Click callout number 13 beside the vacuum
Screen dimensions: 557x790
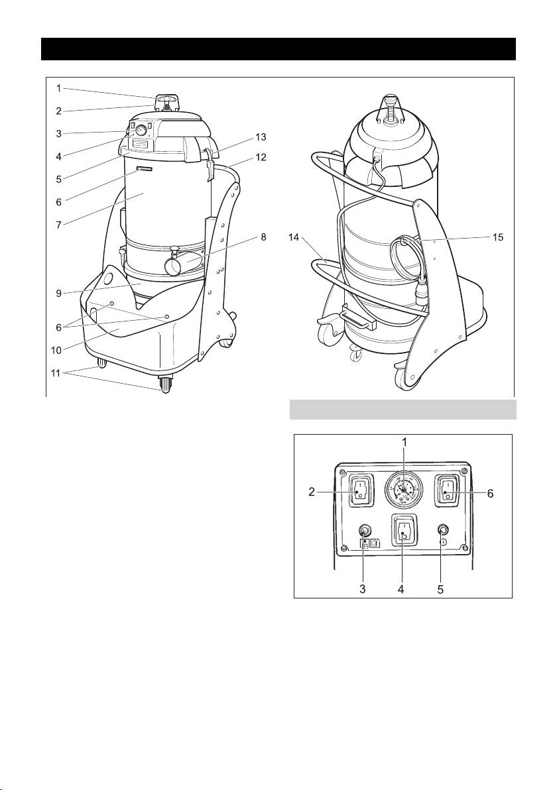[261, 137]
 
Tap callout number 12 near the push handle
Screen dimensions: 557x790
[261, 158]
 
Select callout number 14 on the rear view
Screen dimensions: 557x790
[294, 237]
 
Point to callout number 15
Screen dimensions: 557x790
[497, 237]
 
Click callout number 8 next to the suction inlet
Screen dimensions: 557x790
[264, 237]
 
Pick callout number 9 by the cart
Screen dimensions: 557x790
[59, 293]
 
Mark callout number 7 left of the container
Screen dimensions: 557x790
[59, 225]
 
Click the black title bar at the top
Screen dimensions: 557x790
[278, 49]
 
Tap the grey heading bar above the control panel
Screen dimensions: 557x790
[402, 409]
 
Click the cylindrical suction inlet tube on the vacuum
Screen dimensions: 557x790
[182, 264]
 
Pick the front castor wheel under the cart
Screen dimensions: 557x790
[165, 384]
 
